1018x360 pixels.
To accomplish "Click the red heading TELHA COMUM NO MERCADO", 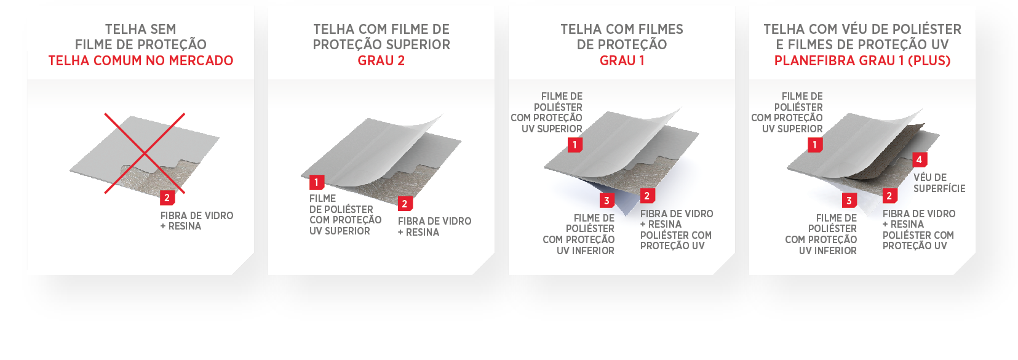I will tap(141, 60).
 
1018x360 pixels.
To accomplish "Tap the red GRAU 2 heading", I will tap(381, 60).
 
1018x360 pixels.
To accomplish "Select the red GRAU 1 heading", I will tap(622, 60).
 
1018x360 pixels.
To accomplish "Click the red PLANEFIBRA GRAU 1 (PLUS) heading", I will tap(862, 60).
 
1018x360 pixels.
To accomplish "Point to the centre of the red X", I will tap(145, 153).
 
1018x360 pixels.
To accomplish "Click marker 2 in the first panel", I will tap(167, 198).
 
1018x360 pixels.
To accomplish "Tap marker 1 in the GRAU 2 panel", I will tap(317, 182).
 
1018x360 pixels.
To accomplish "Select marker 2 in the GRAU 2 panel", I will tap(405, 204).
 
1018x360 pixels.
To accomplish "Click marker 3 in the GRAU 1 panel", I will tap(606, 201).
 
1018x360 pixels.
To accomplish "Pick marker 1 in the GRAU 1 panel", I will tap(575, 145).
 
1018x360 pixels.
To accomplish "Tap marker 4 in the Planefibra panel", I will tap(919, 159).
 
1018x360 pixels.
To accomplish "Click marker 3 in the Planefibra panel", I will tap(849, 201).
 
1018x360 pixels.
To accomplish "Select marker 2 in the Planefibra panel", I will tap(889, 196).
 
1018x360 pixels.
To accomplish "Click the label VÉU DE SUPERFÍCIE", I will tap(939, 183).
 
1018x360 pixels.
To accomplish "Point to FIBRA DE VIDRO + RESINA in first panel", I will tap(197, 221).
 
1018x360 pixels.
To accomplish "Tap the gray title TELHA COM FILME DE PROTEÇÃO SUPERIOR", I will tap(381, 37).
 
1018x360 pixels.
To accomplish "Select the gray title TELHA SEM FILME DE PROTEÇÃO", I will tap(141, 37).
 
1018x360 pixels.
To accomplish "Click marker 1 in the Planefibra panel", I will tap(814, 145).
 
